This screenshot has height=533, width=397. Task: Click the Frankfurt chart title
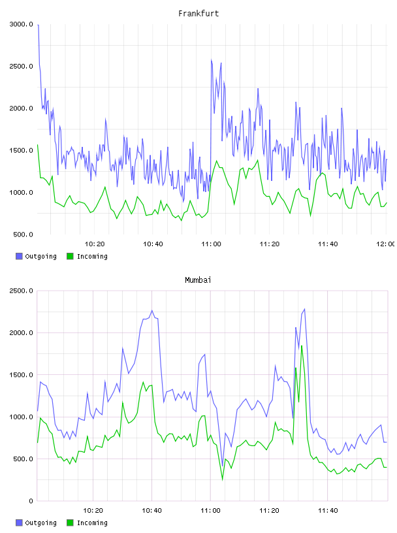[198, 14]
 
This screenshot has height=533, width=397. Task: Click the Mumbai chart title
[198, 280]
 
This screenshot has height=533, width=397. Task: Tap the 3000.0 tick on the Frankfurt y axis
[22, 24]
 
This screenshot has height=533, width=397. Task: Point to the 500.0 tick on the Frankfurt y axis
[23, 234]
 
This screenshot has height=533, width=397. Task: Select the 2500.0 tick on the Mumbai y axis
[22, 291]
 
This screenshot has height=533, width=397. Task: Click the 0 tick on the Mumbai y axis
[31, 501]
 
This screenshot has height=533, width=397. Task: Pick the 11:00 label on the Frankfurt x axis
[211, 244]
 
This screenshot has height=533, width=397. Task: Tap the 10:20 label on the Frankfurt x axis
[95, 244]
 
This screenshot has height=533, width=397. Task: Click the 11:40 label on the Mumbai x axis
[328, 511]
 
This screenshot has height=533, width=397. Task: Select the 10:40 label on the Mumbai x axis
[151, 511]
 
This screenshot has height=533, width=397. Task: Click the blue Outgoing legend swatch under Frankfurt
[19, 256]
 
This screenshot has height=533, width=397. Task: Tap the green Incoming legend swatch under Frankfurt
[70, 256]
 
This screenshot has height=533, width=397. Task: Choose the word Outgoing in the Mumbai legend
[40, 523]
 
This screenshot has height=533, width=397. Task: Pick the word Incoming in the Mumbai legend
[92, 523]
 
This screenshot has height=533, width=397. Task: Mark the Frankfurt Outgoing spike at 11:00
[211, 60]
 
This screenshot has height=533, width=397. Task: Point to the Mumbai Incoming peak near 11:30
[302, 346]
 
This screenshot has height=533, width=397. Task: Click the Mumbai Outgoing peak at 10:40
[152, 310]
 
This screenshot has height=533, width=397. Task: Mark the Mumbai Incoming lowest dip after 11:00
[223, 479]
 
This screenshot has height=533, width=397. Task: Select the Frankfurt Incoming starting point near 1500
[38, 145]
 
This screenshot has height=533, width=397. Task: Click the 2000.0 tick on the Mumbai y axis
[22, 332]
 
